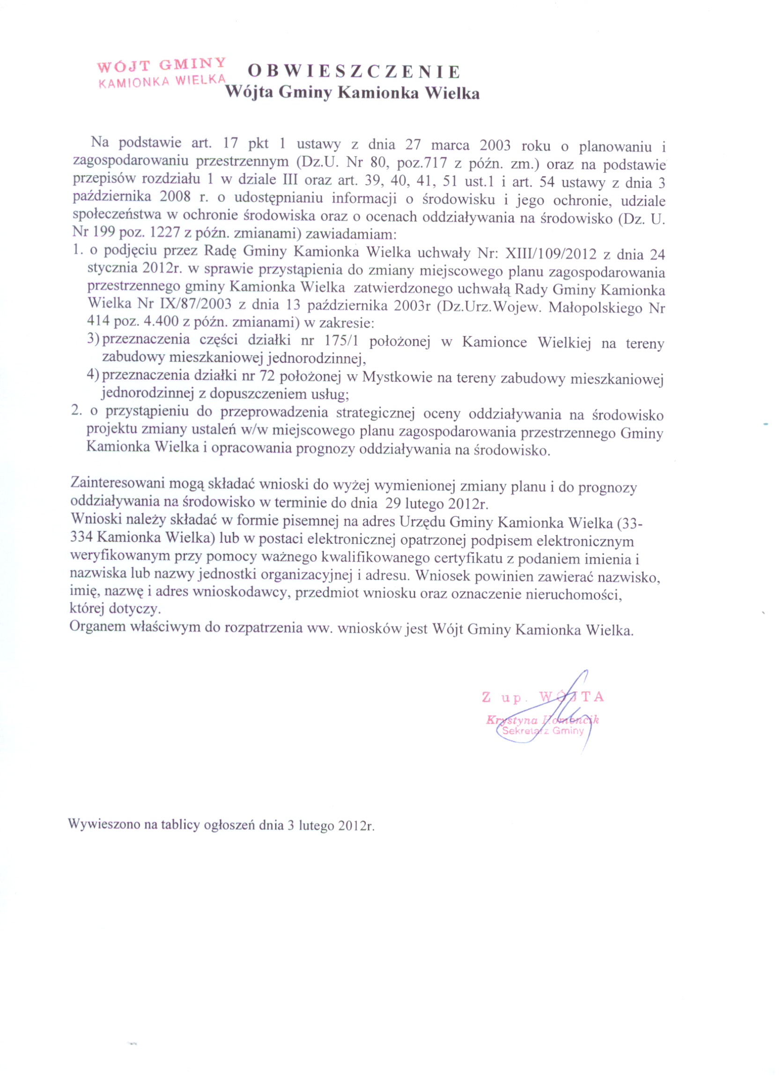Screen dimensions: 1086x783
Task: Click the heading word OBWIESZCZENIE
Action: pos(354,72)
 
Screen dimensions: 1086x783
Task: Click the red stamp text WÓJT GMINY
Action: pos(162,65)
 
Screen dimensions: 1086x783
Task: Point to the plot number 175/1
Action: pos(340,341)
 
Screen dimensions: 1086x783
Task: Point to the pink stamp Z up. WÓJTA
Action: pos(542,697)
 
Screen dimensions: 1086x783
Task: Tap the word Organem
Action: pos(96,626)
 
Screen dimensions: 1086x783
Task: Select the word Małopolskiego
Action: pos(594,307)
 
